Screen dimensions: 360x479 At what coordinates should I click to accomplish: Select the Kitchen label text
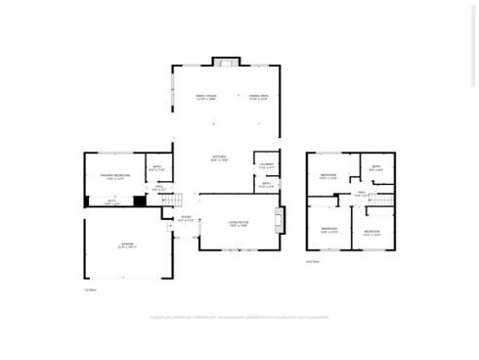[220, 158]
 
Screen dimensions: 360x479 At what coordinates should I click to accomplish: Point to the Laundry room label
[267, 164]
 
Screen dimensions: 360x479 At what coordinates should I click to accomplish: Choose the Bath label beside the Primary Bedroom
[157, 168]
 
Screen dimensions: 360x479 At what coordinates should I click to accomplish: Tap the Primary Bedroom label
[114, 176]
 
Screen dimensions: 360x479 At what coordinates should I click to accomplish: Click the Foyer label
[185, 219]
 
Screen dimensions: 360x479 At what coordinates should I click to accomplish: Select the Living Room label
[238, 224]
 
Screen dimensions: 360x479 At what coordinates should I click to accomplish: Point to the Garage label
[127, 245]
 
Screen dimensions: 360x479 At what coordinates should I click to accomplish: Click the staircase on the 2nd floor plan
[384, 201]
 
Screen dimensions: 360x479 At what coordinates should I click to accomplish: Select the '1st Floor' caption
[90, 290]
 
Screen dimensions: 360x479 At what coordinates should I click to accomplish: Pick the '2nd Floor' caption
[312, 261]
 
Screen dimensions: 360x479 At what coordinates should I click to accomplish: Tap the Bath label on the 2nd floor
[376, 167]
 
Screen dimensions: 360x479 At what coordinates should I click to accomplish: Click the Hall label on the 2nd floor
[362, 194]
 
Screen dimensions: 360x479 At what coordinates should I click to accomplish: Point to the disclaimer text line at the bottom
[239, 317]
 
